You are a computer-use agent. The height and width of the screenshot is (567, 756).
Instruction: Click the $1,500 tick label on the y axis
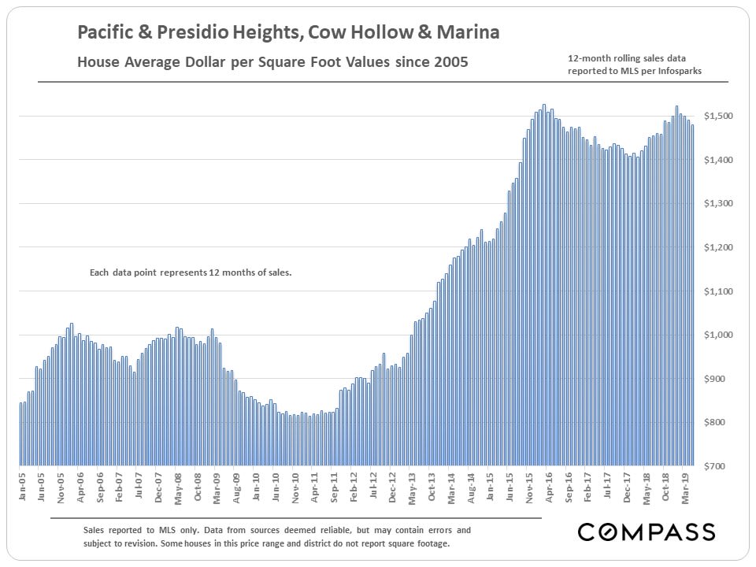(720, 117)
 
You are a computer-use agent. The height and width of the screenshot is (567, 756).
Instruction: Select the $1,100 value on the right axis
(720, 291)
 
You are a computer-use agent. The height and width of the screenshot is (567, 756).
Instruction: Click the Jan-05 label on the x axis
(23, 488)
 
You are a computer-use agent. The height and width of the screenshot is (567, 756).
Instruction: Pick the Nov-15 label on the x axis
(528, 488)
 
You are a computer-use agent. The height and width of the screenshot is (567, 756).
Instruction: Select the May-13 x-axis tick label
(412, 488)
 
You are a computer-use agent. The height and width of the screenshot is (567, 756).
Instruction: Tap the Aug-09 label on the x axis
(237, 488)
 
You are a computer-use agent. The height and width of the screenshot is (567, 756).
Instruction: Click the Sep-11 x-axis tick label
(335, 488)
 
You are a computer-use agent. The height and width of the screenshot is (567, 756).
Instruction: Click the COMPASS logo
(646, 532)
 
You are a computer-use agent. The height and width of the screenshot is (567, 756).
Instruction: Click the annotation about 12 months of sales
(191, 273)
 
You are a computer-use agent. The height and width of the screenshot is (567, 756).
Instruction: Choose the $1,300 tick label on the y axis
(720, 204)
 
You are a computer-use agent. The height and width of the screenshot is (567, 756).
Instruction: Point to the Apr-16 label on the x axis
(548, 488)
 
